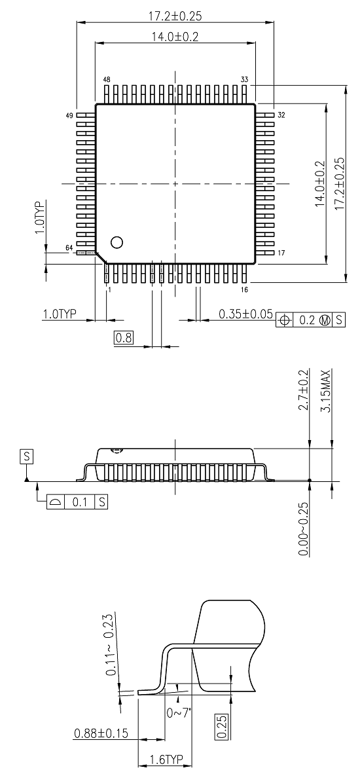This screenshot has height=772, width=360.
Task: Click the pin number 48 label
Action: tap(107, 79)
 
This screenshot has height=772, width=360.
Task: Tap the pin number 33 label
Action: tap(244, 79)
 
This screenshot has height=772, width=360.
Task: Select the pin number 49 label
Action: tap(69, 115)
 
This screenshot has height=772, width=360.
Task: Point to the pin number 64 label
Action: tap(69, 247)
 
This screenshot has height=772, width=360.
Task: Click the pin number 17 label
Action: tap(281, 253)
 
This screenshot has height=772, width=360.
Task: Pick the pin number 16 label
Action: tap(244, 289)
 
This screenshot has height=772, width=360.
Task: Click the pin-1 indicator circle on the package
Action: tap(117, 242)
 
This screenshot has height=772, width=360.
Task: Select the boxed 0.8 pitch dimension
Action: tap(123, 338)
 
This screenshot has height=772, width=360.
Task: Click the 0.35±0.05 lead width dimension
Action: tap(245, 315)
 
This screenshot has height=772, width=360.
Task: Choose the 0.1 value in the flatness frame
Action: tap(79, 502)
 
